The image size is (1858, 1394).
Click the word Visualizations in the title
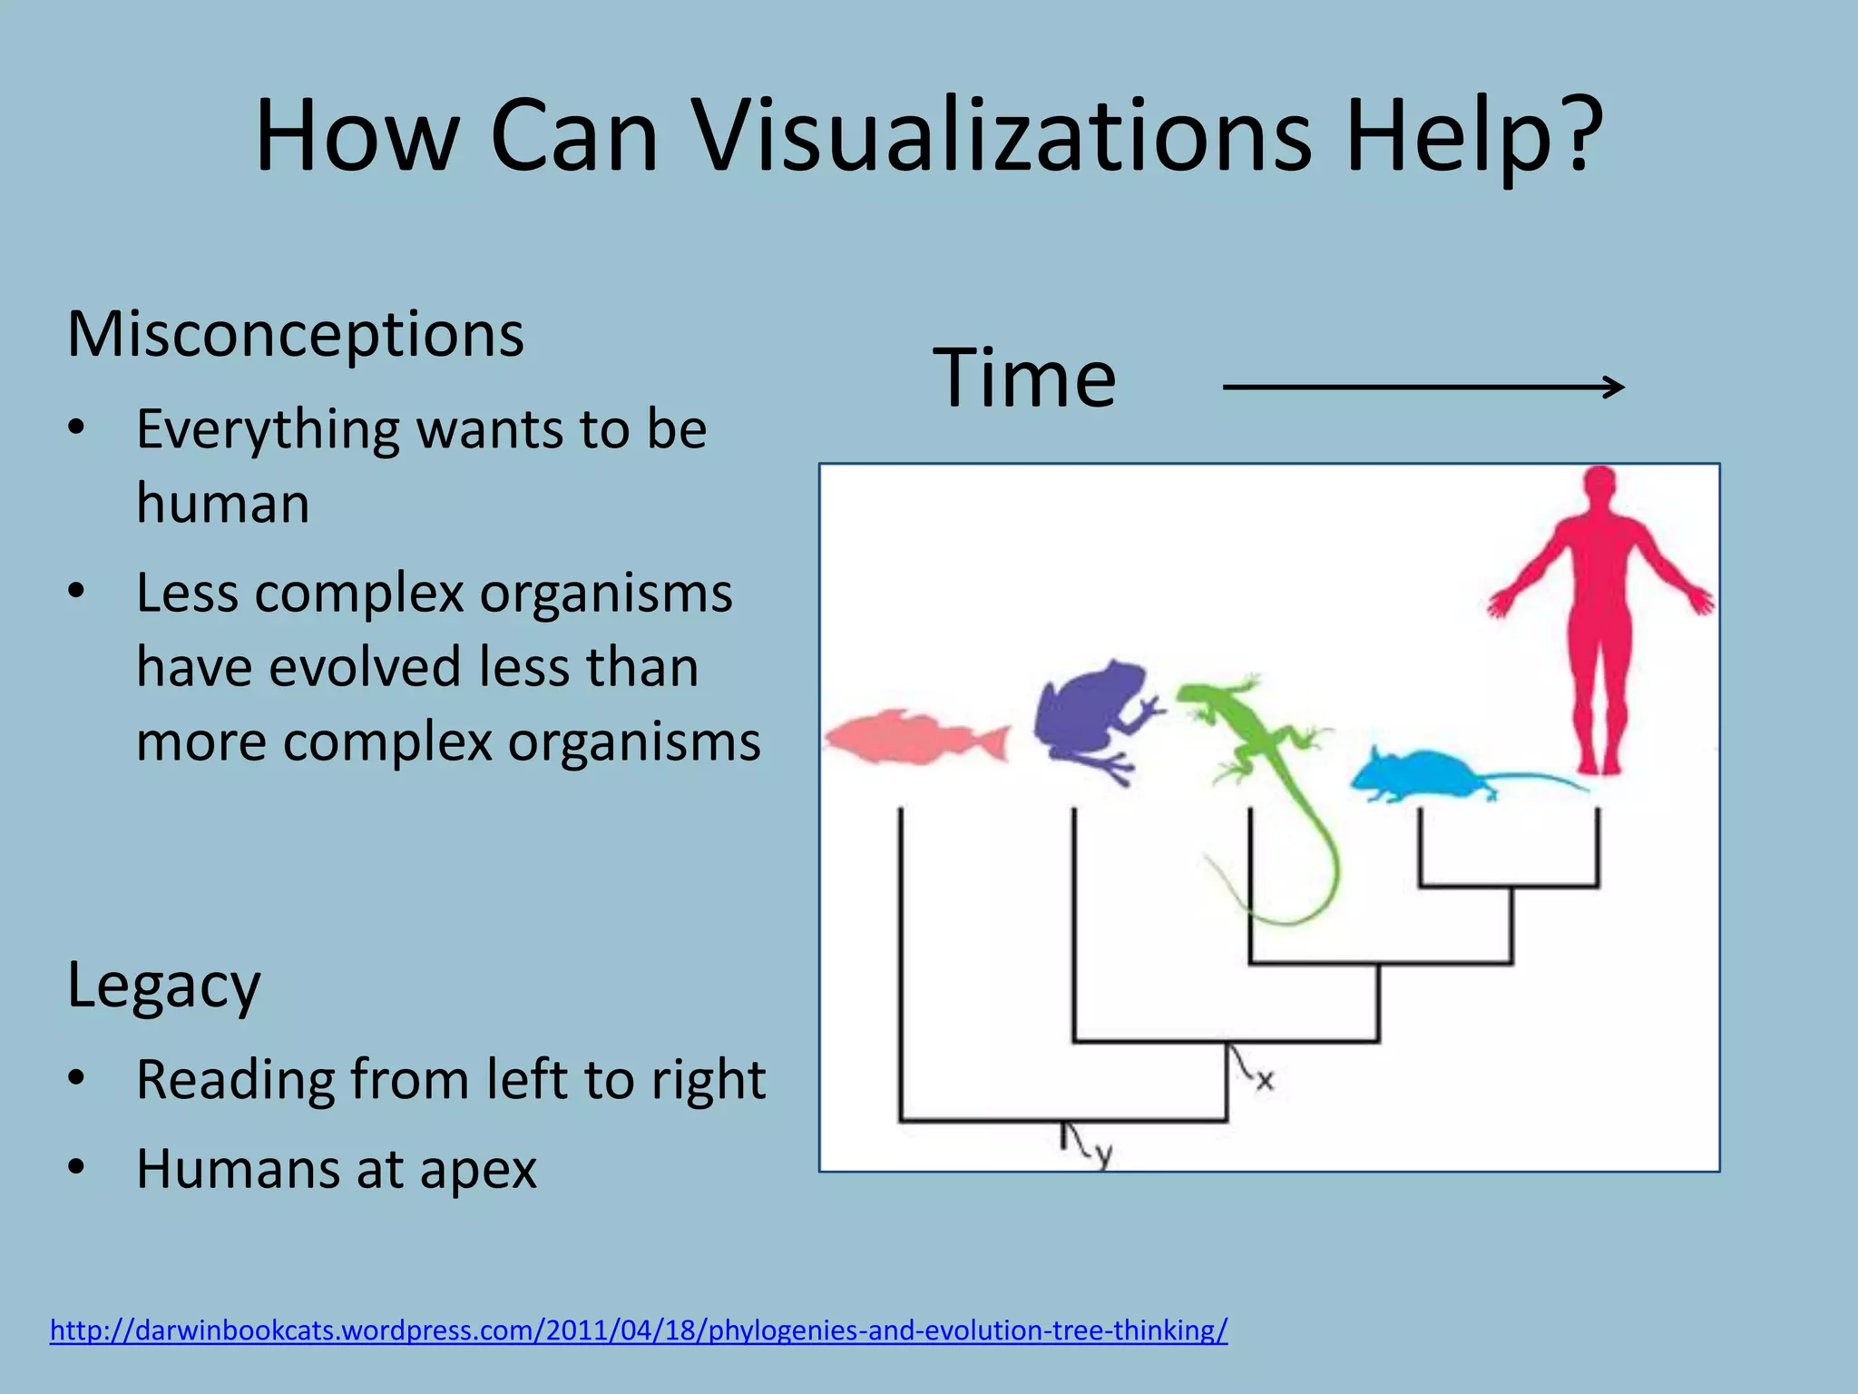click(1003, 136)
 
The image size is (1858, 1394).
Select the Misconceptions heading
click(295, 334)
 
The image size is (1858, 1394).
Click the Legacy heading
click(163, 985)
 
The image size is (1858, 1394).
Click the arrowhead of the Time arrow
click(1615, 388)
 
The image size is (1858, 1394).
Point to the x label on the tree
click(1265, 1080)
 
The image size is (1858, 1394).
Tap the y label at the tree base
click(1102, 1155)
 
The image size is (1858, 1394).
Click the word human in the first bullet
click(222, 504)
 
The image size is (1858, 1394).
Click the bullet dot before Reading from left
click(76, 1078)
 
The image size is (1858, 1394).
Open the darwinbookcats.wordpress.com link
click(638, 1330)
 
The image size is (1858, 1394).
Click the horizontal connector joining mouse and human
click(1509, 885)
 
